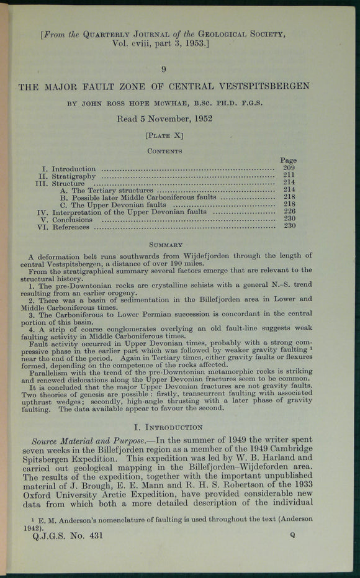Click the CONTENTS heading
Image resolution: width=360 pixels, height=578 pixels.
point(164,151)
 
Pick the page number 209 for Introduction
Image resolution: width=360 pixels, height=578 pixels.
point(289,168)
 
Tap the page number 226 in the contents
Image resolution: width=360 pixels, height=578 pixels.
point(289,211)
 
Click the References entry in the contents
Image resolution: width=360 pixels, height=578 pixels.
point(70,227)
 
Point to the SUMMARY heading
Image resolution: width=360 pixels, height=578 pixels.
point(164,245)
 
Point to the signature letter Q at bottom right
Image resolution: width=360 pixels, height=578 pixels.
point(292,534)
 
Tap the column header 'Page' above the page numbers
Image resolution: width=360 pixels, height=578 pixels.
point(288,160)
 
